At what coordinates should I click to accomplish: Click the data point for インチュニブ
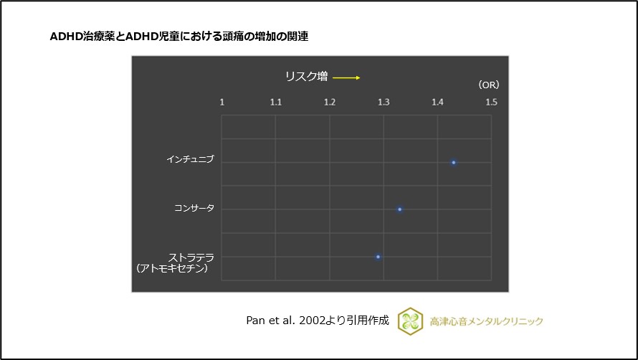click(x=454, y=163)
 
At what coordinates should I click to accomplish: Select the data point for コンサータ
click(x=400, y=209)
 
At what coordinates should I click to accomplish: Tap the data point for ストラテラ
click(x=378, y=257)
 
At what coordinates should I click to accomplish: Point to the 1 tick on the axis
click(x=222, y=103)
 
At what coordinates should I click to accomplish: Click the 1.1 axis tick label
click(x=275, y=103)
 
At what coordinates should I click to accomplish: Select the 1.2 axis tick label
click(x=330, y=103)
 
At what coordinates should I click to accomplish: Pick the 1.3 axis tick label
click(x=384, y=103)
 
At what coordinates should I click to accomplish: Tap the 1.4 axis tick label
click(x=437, y=103)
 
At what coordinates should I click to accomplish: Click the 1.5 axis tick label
click(x=491, y=103)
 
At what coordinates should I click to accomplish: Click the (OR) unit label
click(x=488, y=85)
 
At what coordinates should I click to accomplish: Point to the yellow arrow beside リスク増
click(x=346, y=78)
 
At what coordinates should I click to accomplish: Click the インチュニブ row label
click(x=190, y=159)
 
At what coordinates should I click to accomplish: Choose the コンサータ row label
click(x=194, y=208)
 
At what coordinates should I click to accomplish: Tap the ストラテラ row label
click(x=191, y=257)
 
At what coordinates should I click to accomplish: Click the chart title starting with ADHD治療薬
click(x=179, y=36)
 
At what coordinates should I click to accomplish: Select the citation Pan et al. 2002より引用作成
click(x=318, y=321)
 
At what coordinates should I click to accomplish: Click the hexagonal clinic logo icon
click(x=411, y=321)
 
